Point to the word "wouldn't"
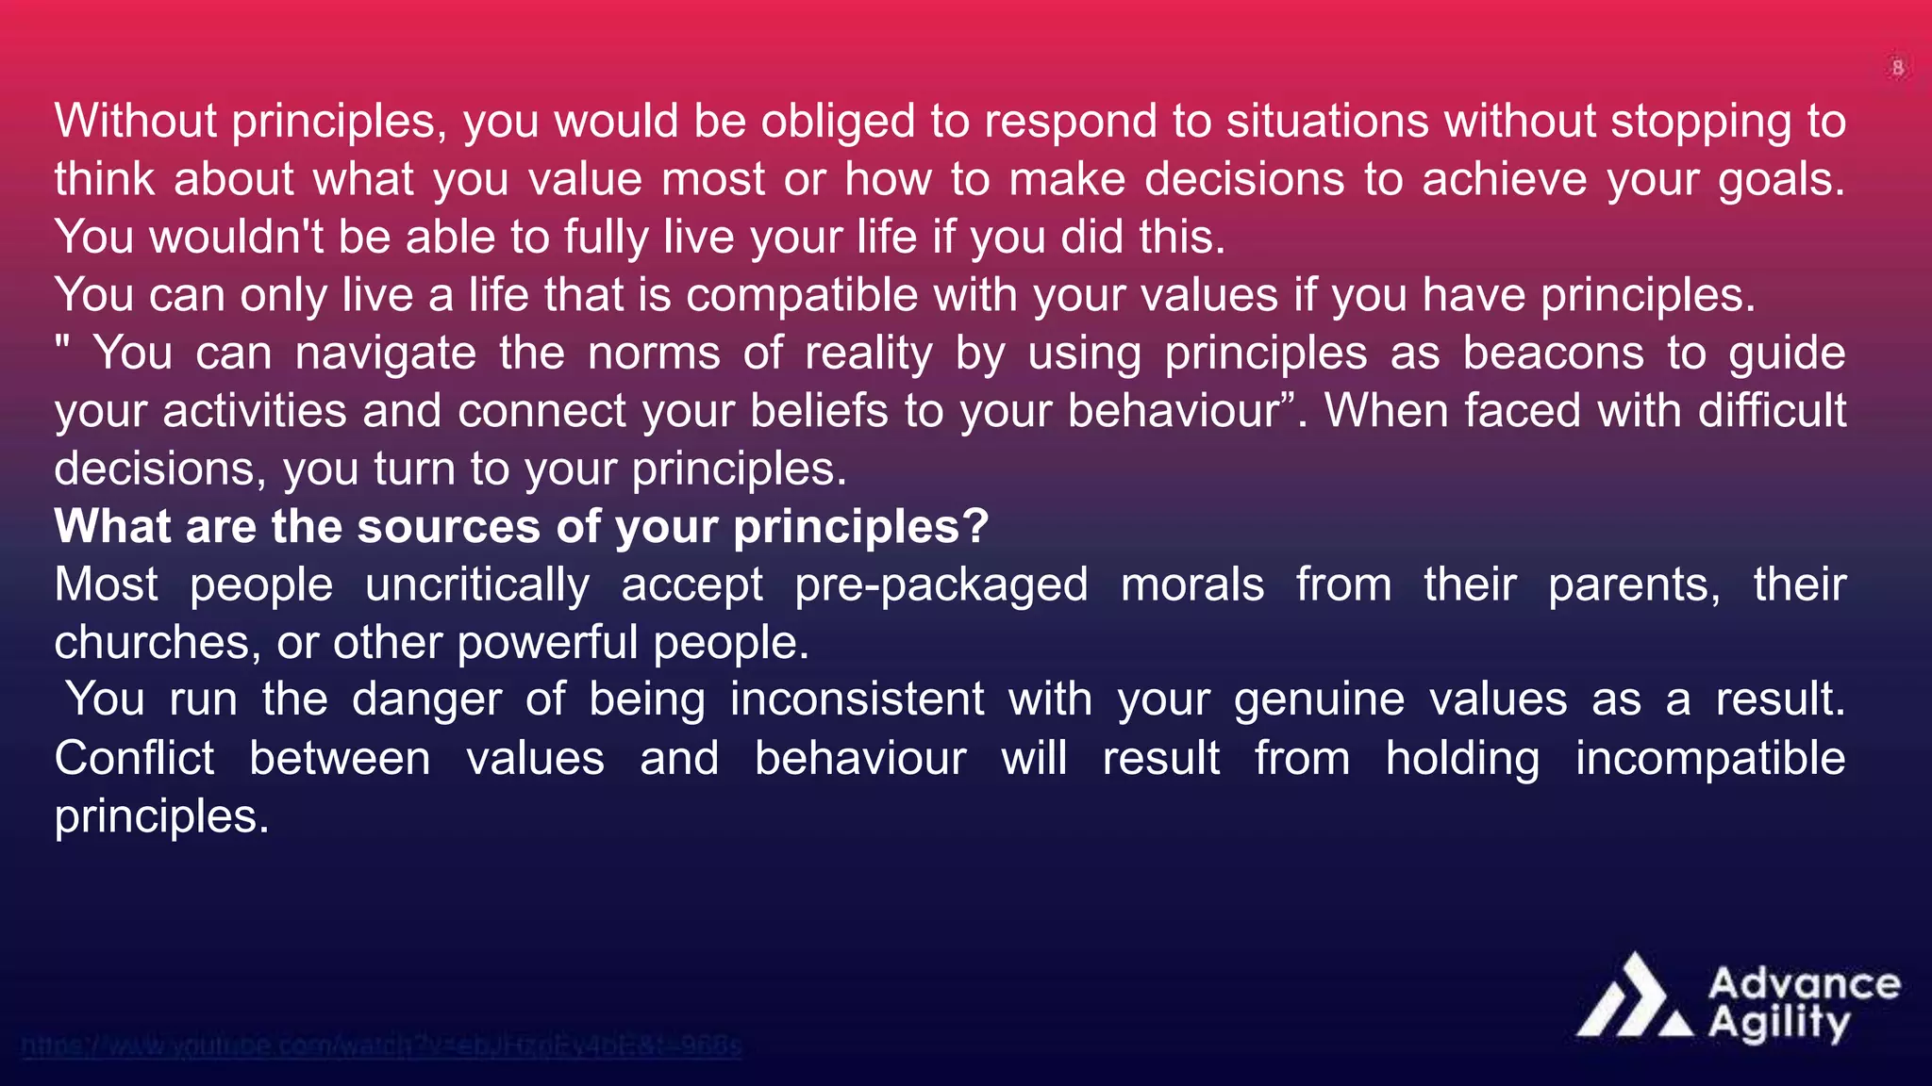(x=236, y=237)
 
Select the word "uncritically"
(x=477, y=585)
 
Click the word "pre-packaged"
(x=941, y=585)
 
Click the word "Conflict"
(x=135, y=759)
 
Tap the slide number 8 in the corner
(x=1897, y=68)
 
